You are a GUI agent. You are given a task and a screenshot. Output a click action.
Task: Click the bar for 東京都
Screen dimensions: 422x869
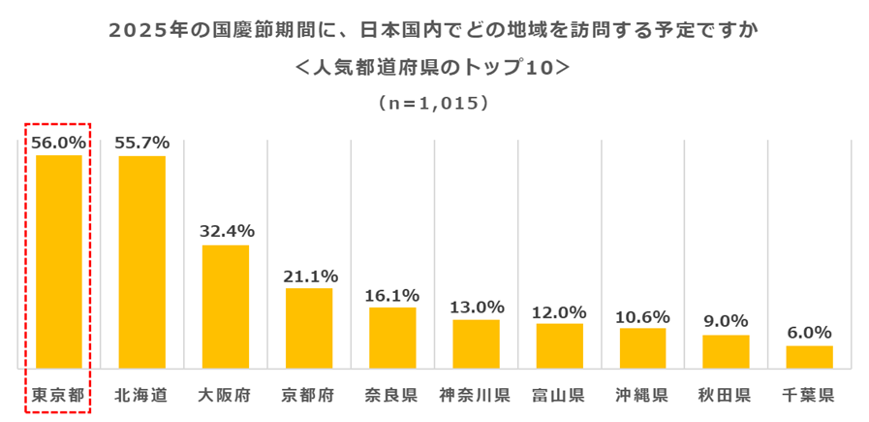58,262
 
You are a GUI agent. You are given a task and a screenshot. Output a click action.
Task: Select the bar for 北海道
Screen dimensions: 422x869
141,262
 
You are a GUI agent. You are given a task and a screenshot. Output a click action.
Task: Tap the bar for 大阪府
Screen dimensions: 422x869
225,307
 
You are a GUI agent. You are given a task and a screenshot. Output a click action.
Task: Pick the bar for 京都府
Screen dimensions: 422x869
309,328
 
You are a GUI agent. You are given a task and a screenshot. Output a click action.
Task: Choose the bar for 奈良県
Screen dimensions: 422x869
392,338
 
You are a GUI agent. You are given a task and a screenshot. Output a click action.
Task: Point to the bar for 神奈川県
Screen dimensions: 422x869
476,343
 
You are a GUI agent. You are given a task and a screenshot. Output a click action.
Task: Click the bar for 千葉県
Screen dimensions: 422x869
809,357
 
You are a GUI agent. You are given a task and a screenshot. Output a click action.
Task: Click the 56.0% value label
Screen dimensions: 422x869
58,142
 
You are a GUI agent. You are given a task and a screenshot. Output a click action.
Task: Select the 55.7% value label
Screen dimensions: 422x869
141,142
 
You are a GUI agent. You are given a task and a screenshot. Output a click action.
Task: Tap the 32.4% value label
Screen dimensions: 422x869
226,231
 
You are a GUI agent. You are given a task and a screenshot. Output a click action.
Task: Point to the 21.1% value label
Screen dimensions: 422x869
309,276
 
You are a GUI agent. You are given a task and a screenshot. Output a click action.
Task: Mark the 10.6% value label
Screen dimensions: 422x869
642,315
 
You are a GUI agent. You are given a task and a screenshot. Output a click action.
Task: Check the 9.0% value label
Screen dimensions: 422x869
726,322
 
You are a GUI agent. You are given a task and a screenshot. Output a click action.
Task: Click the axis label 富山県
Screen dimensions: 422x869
559,395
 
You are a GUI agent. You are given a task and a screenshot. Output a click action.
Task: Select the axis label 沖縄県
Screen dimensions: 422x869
642,395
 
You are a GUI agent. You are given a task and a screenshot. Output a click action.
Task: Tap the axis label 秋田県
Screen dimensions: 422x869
726,395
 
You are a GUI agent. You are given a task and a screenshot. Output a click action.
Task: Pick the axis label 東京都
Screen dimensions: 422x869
58,395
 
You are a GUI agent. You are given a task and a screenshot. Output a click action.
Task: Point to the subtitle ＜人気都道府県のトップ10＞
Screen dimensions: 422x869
433,68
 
